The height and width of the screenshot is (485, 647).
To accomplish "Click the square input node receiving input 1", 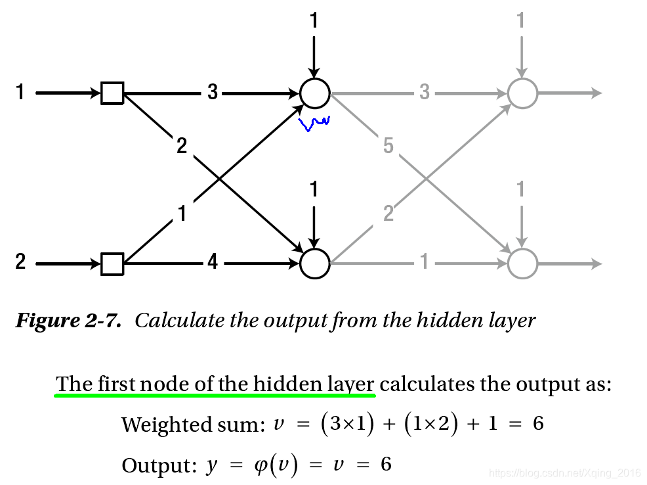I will pyautogui.click(x=112, y=93).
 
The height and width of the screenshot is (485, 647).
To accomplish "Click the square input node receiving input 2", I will pyautogui.click(x=112, y=264).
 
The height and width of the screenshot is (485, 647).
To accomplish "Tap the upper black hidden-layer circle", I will pyautogui.click(x=314, y=93).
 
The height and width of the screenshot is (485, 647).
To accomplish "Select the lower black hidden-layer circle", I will pyautogui.click(x=314, y=264).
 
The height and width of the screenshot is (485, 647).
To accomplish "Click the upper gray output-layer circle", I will pyautogui.click(x=522, y=93).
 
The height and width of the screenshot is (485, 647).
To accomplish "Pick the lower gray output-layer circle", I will pyautogui.click(x=522, y=264).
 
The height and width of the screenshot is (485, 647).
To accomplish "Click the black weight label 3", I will pyautogui.click(x=213, y=93).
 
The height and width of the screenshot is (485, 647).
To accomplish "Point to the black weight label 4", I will pyautogui.click(x=213, y=263).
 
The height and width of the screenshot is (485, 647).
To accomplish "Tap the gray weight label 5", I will pyautogui.click(x=388, y=146).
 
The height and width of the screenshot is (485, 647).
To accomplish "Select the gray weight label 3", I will pyautogui.click(x=425, y=93).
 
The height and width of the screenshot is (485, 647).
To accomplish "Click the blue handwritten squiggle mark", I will pyautogui.click(x=314, y=123).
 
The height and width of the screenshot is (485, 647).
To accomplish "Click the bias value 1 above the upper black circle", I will pyautogui.click(x=314, y=22).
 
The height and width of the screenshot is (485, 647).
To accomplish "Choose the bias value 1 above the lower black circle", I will pyautogui.click(x=314, y=190).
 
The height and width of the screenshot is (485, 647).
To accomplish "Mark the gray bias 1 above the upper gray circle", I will pyautogui.click(x=522, y=22).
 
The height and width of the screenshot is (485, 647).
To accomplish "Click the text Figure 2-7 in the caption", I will pyautogui.click(x=68, y=321).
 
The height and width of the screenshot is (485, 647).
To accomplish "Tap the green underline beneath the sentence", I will pyautogui.click(x=215, y=396).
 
